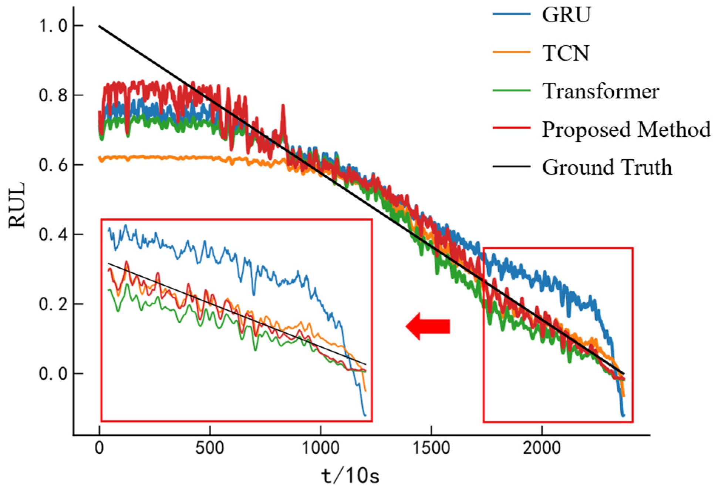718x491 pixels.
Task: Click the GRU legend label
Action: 566,16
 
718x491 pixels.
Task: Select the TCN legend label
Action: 565,53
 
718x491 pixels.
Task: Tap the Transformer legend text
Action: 600,91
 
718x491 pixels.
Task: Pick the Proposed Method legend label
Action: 626,130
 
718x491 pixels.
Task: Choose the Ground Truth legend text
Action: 607,167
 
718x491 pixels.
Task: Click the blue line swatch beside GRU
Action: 512,14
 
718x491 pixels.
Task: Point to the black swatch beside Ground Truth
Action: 512,167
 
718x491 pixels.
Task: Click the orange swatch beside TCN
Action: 512,52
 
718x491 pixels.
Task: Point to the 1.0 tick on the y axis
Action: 53,26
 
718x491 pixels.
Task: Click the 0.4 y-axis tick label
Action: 53,235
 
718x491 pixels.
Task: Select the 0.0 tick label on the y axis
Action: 53,374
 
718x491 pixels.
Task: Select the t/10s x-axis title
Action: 350,476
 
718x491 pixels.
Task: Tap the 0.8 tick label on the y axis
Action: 53,95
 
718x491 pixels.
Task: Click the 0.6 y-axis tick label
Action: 53,165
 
